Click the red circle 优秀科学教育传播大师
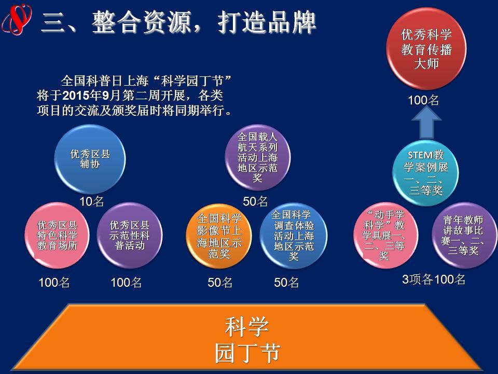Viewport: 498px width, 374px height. coord(426,49)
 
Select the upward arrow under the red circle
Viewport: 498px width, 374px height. coord(426,123)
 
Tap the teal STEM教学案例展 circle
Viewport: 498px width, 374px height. coord(425,173)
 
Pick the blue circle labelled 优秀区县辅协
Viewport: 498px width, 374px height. coord(90,159)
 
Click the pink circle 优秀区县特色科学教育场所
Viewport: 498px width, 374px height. coord(57,235)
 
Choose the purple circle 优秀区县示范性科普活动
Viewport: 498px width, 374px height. coord(129,235)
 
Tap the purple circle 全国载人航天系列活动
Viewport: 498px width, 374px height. coord(258,157)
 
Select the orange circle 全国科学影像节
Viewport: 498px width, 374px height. coord(219,236)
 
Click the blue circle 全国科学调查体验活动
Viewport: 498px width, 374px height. coord(294,236)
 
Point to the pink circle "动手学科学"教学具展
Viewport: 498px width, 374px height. coord(385,235)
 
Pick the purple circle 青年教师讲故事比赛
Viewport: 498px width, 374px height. coord(464,235)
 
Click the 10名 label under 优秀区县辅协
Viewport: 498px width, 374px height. coord(91,202)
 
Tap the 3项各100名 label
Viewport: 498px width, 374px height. coord(434,279)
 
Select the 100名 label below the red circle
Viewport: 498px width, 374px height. coord(423,100)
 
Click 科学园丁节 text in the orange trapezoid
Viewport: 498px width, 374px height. coord(247,340)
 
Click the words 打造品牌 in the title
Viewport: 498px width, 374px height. coord(267,22)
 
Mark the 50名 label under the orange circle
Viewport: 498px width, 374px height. coord(220,283)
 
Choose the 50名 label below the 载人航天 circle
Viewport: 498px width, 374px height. coord(255,202)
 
